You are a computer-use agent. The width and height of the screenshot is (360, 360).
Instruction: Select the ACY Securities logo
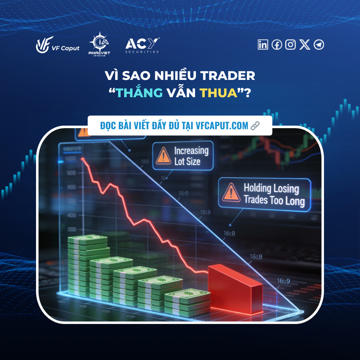click(142, 45)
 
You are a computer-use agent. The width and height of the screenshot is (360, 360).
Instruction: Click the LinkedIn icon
click(263, 44)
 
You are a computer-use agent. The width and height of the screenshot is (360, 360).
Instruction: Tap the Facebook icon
click(277, 44)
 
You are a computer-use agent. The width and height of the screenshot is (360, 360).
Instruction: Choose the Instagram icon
click(291, 44)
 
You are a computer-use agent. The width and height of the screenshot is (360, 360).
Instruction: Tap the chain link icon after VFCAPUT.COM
click(255, 126)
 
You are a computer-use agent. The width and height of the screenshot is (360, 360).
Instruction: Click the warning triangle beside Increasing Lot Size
click(163, 157)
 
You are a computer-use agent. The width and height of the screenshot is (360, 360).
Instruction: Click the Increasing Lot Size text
click(191, 156)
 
